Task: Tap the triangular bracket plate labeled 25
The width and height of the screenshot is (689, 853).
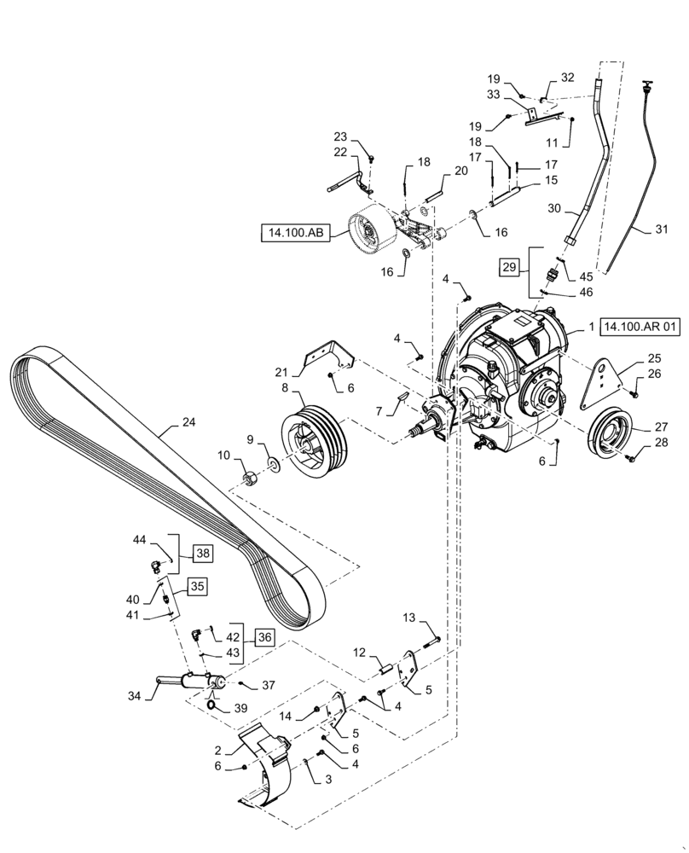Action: tap(603, 384)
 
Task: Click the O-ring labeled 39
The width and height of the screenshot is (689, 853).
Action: tap(211, 705)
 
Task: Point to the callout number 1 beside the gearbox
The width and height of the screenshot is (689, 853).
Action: tap(591, 327)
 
